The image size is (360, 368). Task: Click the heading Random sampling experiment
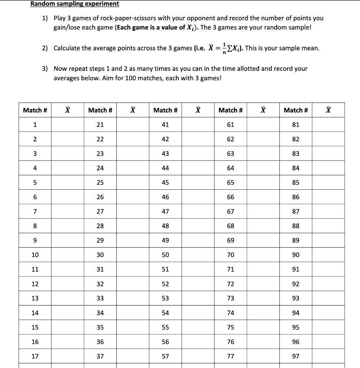coord(75,4)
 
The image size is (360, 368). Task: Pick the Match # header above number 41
coord(165,110)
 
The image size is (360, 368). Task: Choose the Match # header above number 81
coord(295,110)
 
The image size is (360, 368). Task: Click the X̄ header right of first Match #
coord(67,110)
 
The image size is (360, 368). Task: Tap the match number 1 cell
coord(35,125)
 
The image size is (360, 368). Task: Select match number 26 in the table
coord(100,197)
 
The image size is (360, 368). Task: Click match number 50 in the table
coord(165,255)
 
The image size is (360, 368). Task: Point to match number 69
coord(230,240)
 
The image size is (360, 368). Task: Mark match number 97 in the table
coord(295,356)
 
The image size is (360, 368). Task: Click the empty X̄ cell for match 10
coord(67,255)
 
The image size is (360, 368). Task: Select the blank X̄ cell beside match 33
coord(133,298)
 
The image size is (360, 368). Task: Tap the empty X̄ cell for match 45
coord(198,183)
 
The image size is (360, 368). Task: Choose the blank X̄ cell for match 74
coord(263,313)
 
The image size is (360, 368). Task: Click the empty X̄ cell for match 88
coord(328,226)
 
